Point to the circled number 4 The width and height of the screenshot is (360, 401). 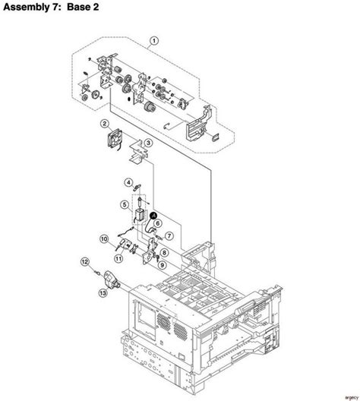(x=130, y=182)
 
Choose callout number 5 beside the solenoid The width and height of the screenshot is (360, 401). (x=123, y=204)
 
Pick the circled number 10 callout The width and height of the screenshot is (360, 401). (x=103, y=238)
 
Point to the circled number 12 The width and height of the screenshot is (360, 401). (x=86, y=262)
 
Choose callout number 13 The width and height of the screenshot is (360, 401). (x=102, y=291)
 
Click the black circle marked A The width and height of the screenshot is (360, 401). (x=155, y=216)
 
